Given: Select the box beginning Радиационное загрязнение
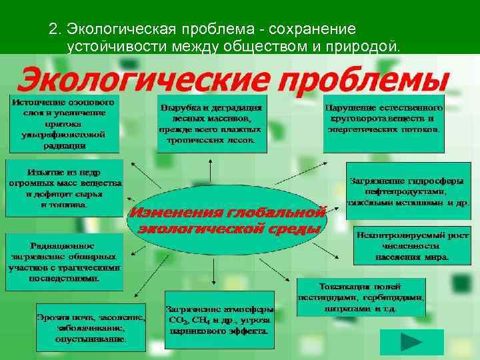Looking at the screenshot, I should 65,262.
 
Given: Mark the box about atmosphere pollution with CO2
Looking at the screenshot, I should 218,319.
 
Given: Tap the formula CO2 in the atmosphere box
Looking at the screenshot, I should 177,320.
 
